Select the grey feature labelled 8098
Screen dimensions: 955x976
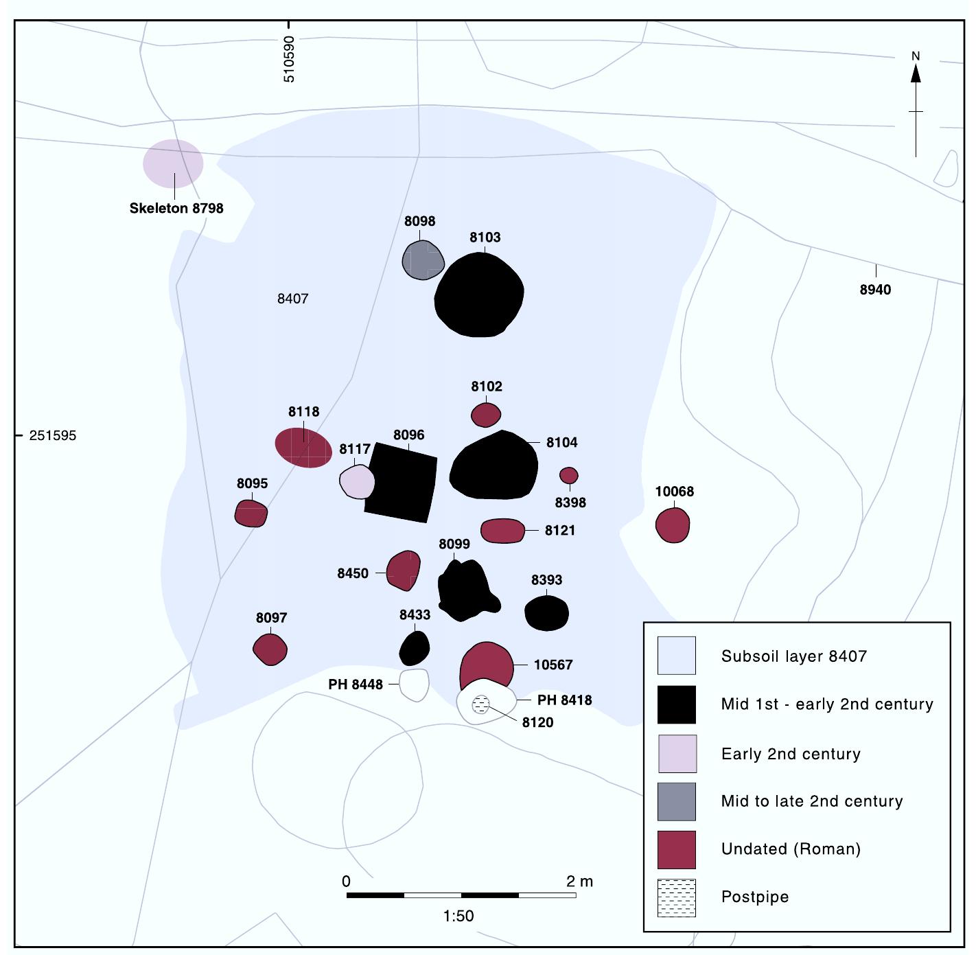[x=423, y=260]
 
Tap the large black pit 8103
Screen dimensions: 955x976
[x=480, y=295]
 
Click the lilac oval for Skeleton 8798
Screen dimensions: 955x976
[x=173, y=163]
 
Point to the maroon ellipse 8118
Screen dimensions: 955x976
[x=303, y=448]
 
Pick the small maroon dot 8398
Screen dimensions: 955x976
[x=569, y=475]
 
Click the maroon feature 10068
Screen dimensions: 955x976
[x=673, y=525]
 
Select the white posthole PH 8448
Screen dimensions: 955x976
[x=415, y=684]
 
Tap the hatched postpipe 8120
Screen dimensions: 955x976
[x=481, y=704]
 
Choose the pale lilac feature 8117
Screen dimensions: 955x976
[x=357, y=481]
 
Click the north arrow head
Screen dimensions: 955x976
[x=916, y=73]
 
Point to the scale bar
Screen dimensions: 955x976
[x=461, y=895]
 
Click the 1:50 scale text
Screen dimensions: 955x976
[x=458, y=916]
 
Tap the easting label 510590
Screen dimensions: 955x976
[x=289, y=59]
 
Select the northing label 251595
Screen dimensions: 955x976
[x=53, y=436]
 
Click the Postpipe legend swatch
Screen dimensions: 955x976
[x=676, y=897]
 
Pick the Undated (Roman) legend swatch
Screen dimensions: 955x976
[x=676, y=849]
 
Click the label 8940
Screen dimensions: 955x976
[x=875, y=290]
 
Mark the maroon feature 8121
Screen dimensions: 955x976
[x=502, y=531]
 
